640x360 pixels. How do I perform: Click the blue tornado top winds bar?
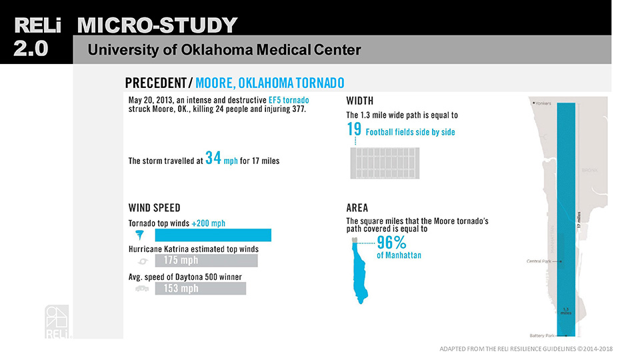213,235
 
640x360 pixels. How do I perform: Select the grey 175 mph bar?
206,261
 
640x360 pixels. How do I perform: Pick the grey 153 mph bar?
200,289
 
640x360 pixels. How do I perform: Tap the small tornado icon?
141,235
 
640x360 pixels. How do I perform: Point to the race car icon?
141,289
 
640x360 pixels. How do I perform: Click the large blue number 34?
213,158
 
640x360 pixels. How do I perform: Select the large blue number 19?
354,129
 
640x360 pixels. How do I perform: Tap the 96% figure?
392,243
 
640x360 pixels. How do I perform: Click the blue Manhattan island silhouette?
362,273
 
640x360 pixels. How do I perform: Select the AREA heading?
357,207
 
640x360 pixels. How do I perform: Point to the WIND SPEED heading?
153,207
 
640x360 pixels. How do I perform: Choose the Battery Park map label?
541,335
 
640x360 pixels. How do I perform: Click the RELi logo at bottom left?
56,322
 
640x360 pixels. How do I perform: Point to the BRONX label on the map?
590,170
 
